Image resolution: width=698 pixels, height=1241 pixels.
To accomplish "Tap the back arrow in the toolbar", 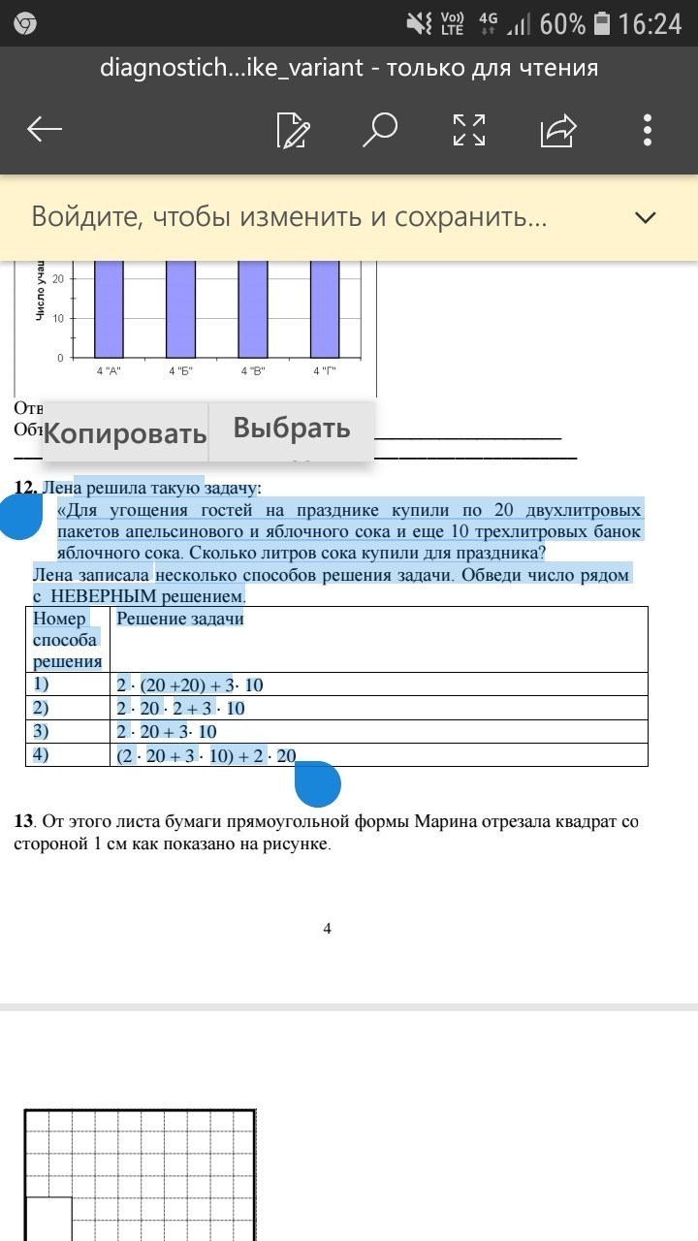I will [45, 129].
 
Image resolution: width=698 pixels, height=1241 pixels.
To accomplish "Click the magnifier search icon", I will [380, 129].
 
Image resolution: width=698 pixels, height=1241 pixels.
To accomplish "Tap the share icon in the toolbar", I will [558, 129].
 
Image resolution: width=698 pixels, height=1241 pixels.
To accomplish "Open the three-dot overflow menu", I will [648, 129].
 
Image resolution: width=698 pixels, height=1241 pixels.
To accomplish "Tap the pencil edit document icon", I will [293, 130].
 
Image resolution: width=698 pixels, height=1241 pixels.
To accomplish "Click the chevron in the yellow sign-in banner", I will [646, 217].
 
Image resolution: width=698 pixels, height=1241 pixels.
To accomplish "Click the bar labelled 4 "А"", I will [110, 309].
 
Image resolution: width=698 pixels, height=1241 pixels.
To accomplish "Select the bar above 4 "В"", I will [253, 309].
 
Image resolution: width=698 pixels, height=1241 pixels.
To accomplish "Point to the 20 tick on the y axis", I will [58, 279].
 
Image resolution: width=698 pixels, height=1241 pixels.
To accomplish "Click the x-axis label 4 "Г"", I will [325, 371].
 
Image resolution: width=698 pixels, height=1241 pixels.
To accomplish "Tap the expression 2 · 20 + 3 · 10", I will [167, 732].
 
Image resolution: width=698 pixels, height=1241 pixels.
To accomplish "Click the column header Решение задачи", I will [180, 619].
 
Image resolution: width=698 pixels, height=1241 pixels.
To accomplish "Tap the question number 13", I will [24, 822].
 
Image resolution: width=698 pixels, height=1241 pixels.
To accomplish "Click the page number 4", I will [327, 929].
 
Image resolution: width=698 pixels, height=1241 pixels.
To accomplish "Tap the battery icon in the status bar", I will [602, 23].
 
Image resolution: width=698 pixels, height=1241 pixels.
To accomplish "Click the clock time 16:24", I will [650, 23].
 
